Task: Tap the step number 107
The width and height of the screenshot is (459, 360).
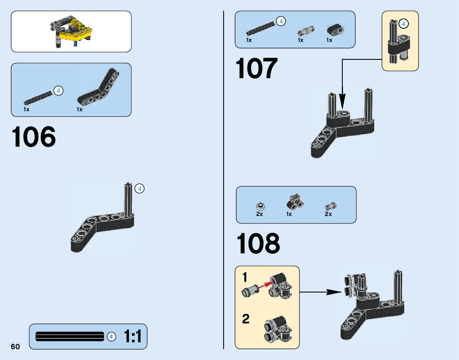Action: point(256,69)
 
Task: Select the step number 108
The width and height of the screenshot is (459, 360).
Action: point(258,244)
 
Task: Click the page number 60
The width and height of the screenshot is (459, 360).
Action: point(15,347)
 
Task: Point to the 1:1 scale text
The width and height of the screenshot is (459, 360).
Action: point(133,337)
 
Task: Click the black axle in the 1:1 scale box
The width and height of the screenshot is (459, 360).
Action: point(69,337)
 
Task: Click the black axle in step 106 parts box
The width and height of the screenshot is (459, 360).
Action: point(38,98)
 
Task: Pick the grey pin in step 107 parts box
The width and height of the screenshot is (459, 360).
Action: point(305,30)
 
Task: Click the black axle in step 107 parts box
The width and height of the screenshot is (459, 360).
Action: point(261,28)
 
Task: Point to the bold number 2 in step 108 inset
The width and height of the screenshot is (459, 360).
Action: point(246,319)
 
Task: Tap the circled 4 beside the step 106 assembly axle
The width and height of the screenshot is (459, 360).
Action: point(140,189)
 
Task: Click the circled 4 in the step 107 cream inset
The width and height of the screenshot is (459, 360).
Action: point(404,24)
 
